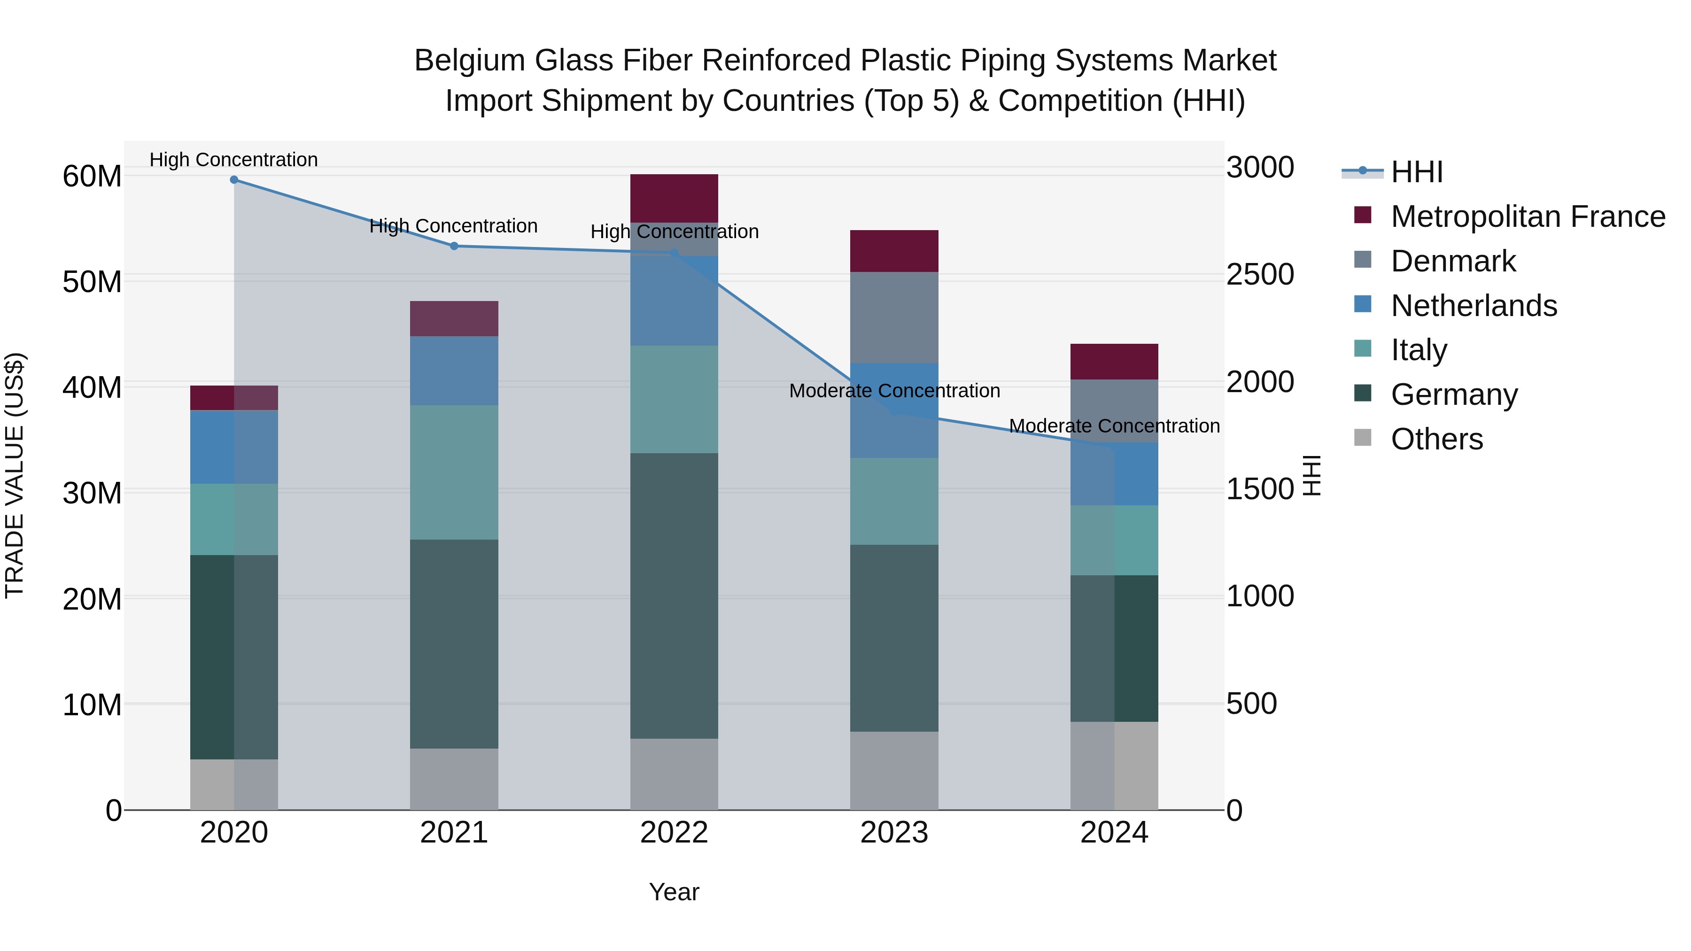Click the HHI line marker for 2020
coord(234,180)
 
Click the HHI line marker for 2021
coord(454,246)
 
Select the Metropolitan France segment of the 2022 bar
coord(674,198)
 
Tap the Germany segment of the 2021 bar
coord(454,644)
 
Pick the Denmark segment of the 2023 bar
coord(894,317)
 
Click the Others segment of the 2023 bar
coord(894,771)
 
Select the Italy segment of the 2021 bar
coord(454,472)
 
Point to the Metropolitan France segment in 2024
coord(1114,362)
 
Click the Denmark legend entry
coord(1453,261)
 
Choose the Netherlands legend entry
coord(1473,306)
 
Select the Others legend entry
coord(1436,439)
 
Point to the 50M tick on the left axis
coord(92,282)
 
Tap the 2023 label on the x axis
coord(894,833)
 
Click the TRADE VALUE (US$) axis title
coord(15,475)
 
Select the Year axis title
coord(674,892)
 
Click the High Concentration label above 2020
coord(234,160)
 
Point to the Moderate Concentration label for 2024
coord(1114,426)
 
